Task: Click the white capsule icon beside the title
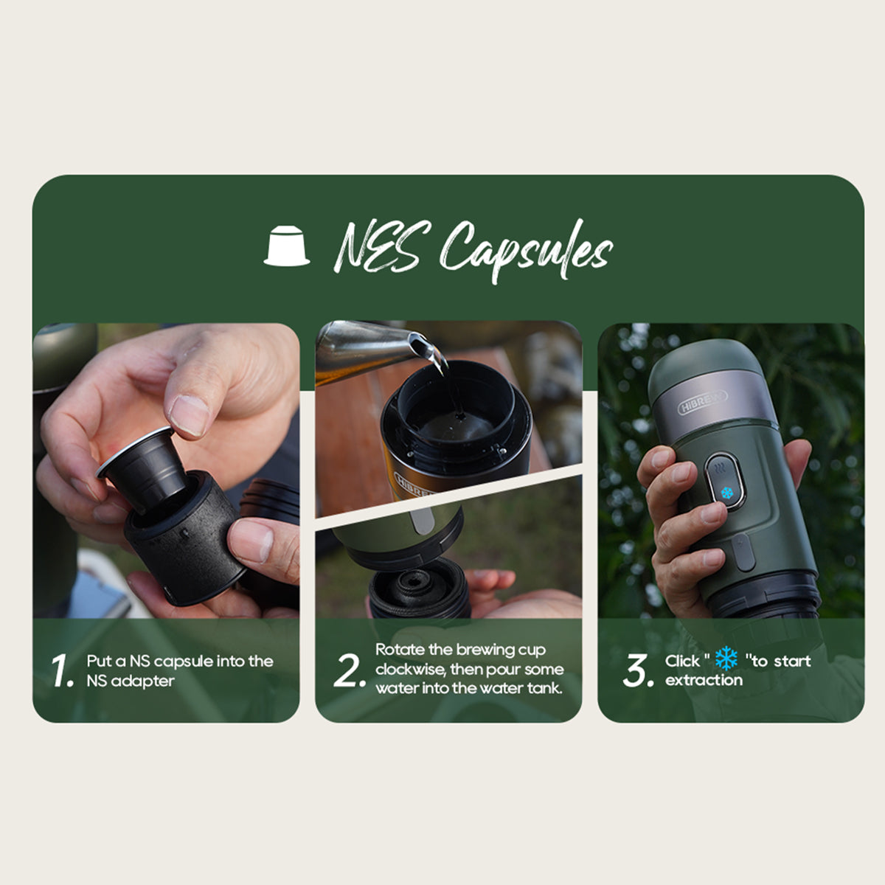click(287, 246)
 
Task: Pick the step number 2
click(350, 670)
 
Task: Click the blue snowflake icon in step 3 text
click(726, 659)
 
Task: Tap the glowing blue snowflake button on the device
click(726, 493)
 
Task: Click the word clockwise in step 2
click(410, 670)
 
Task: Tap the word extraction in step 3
click(704, 680)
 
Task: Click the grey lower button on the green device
click(743, 552)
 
